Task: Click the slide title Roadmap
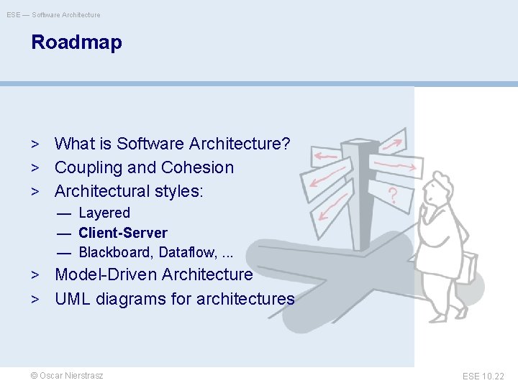[76, 42]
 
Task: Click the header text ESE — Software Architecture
[53, 14]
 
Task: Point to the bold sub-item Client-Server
[122, 233]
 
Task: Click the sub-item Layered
[104, 213]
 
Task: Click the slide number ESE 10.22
[483, 376]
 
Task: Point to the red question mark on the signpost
[394, 194]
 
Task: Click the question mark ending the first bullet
[286, 144]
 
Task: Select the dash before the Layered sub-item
[64, 213]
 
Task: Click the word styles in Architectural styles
[179, 192]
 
